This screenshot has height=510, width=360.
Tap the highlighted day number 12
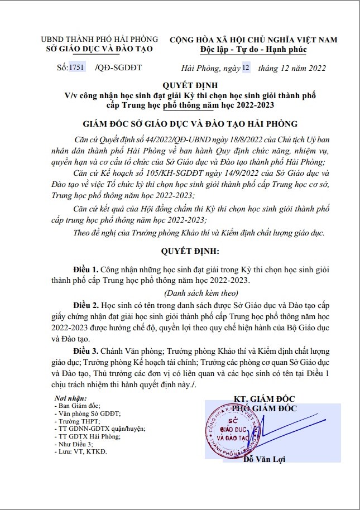pyautogui.click(x=247, y=68)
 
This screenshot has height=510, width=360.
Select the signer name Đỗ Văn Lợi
pyautogui.click(x=265, y=459)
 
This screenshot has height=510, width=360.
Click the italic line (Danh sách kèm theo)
pyautogui.click(x=201, y=293)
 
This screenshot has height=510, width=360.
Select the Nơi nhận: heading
pyautogui.click(x=70, y=398)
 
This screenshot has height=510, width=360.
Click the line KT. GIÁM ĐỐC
pyautogui.click(x=265, y=399)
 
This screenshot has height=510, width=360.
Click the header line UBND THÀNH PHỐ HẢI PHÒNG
pyautogui.click(x=99, y=40)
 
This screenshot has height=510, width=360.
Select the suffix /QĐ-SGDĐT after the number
pyautogui.click(x=119, y=68)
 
